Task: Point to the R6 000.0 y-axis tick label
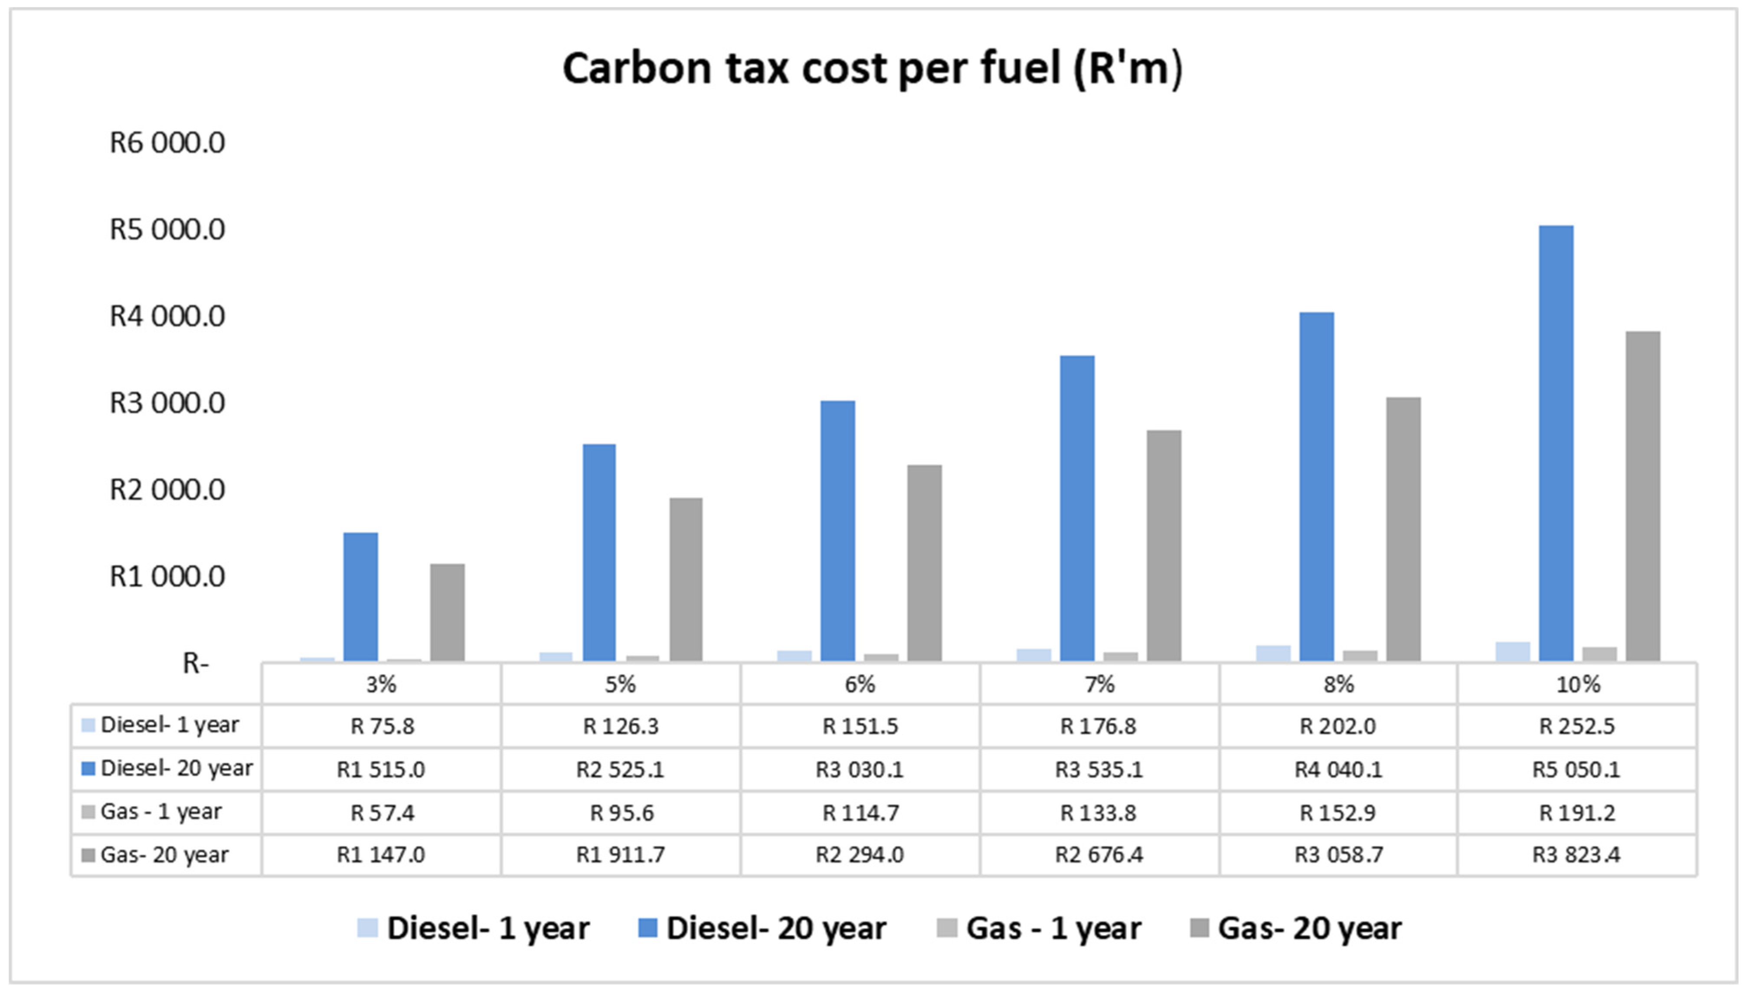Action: (x=167, y=143)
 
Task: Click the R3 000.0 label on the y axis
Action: (x=167, y=403)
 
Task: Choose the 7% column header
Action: (x=1099, y=684)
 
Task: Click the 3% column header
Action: (x=381, y=684)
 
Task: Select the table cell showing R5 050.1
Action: (x=1576, y=769)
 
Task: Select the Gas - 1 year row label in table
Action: (x=161, y=812)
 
